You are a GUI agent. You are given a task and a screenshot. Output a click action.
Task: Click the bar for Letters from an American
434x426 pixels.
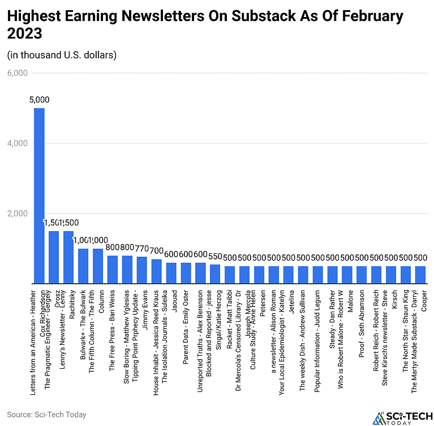[x=39, y=195]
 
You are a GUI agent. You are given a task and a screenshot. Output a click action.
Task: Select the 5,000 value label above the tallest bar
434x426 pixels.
[x=39, y=100]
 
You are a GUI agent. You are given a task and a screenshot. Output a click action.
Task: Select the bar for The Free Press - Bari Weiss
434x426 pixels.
[x=113, y=270]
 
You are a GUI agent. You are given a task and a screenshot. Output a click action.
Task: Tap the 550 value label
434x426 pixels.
[x=215, y=255]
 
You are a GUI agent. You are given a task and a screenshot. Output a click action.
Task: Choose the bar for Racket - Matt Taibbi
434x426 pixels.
[x=230, y=275]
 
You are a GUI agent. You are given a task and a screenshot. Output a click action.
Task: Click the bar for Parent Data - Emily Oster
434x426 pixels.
[x=186, y=273]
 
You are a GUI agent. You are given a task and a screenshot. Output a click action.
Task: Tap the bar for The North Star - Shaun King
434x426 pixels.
[x=406, y=275]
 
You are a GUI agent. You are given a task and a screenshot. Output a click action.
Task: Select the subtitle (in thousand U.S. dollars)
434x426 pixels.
[x=62, y=55]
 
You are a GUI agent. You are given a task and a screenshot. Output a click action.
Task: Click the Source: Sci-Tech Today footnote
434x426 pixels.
[x=46, y=414]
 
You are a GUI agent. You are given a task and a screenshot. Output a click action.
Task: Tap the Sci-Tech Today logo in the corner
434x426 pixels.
[x=399, y=416]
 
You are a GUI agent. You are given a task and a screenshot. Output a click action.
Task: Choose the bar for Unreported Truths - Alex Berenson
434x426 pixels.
[x=200, y=273]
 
